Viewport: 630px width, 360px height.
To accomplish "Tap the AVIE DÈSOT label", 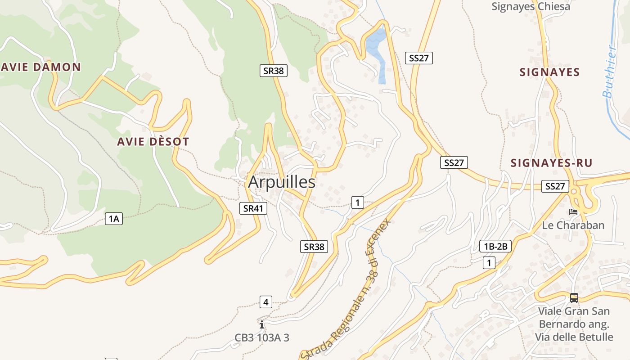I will coord(153,142).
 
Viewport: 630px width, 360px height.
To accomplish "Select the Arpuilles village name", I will coord(282,182).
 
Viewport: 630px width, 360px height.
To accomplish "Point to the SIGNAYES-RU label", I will coord(551,163).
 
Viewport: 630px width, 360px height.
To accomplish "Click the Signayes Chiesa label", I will coord(531,7).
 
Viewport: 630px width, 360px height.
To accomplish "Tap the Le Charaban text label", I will coord(573,225).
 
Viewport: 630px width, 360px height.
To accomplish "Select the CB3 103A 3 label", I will coord(262,337).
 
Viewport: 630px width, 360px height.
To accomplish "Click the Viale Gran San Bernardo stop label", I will coord(574,324).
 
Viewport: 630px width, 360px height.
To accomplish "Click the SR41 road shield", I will coord(253,208).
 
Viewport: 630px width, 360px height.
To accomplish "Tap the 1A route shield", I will coord(114,219).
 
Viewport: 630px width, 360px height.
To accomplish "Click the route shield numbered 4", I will coord(265,302).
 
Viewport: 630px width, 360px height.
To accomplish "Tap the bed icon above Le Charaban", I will coord(573,211).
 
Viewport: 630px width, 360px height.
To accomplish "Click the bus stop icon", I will coord(574,297).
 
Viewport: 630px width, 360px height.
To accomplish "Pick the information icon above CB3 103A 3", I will coord(262,324).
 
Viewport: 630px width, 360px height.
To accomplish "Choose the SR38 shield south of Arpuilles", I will coord(314,247).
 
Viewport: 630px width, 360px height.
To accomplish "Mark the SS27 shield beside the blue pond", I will coord(418,58).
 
